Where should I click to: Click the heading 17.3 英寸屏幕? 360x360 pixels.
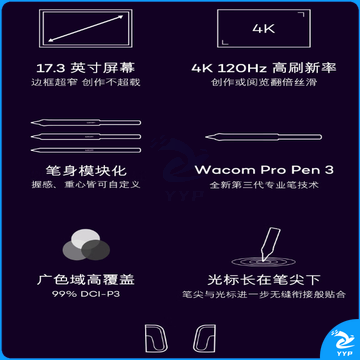86,68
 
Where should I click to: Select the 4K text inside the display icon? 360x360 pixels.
264,28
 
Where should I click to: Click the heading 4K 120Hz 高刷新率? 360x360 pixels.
264,68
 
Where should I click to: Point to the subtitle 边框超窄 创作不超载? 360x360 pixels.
86,82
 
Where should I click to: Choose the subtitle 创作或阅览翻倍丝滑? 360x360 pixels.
264,82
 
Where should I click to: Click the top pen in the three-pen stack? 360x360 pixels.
86,122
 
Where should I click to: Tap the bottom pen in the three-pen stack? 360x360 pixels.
86,150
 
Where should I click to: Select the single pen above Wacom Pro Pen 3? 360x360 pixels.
263,137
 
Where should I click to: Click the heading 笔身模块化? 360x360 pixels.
86,171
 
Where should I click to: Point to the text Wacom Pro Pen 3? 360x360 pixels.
264,170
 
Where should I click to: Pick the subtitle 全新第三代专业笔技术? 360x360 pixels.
264,185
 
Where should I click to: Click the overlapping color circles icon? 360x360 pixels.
86,246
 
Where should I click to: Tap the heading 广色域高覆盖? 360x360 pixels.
86,280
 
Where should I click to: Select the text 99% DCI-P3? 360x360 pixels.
86,294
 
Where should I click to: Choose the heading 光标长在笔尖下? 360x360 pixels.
264,280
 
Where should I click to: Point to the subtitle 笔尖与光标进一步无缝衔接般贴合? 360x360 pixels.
264,294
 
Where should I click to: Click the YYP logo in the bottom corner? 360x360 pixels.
341,343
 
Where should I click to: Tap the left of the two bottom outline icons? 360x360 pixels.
156,338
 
